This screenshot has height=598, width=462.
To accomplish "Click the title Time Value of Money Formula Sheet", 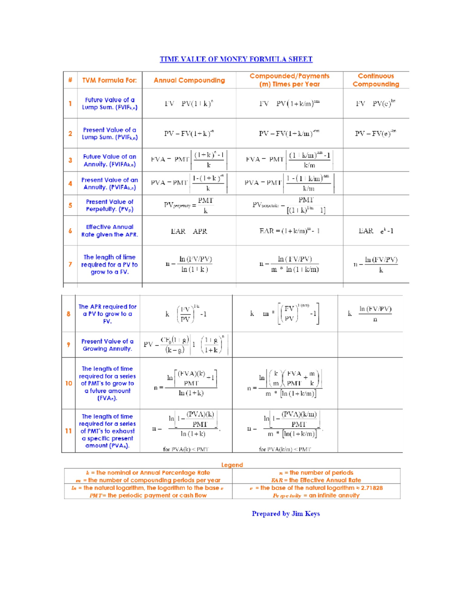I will click(x=236, y=59).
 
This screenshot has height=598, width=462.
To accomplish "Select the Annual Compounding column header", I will click(x=189, y=80).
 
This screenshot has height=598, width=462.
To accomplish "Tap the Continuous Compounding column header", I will click(x=376, y=80).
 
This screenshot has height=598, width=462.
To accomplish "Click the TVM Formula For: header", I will click(x=109, y=80).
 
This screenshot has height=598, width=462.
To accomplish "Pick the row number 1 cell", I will click(x=70, y=104).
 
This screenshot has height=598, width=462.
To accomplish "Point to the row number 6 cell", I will click(x=70, y=231).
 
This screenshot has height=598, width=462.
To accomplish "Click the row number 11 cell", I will click(x=69, y=431).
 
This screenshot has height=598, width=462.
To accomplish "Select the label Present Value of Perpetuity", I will click(x=109, y=205).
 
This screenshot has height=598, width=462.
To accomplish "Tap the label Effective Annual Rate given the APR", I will click(x=109, y=231).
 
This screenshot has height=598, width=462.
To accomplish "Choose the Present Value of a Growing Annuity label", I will click(x=107, y=345).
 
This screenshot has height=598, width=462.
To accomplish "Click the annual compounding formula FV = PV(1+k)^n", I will click(x=189, y=104).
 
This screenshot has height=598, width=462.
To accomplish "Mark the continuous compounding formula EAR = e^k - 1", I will click(x=376, y=231).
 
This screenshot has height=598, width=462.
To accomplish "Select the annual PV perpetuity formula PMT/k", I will click(x=189, y=205).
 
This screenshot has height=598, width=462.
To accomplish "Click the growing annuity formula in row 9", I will click(x=186, y=345).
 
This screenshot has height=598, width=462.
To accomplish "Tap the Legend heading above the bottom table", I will click(x=232, y=465).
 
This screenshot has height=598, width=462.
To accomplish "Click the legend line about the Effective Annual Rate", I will click(x=316, y=480).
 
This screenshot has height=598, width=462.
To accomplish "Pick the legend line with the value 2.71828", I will click(x=316, y=488).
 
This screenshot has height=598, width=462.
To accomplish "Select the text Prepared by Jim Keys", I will click(x=286, y=514).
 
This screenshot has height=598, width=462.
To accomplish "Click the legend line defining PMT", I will click(x=148, y=496).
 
